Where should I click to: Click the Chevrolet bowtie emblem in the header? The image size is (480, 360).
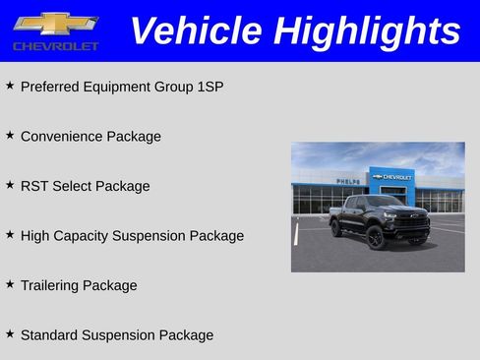pyautogui.click(x=55, y=24)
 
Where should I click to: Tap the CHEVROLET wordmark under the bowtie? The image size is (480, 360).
pyautogui.click(x=55, y=46)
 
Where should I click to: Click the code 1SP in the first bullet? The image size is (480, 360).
pyautogui.click(x=209, y=87)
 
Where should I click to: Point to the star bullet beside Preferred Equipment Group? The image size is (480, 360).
pyautogui.click(x=10, y=86)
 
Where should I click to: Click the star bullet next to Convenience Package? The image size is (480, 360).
pyautogui.click(x=10, y=136)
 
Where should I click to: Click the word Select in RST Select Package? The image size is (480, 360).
pyautogui.click(x=73, y=186)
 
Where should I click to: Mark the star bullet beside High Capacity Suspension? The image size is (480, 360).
pyautogui.click(x=10, y=235)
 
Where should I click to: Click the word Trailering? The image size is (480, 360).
pyautogui.click(x=51, y=285)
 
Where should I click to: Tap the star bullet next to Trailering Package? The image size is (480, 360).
pyautogui.click(x=10, y=284)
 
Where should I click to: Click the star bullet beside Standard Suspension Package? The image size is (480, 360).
pyautogui.click(x=10, y=334)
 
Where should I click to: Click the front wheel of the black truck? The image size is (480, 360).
pyautogui.click(x=376, y=238)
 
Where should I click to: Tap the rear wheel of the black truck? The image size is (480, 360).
pyautogui.click(x=336, y=228)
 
